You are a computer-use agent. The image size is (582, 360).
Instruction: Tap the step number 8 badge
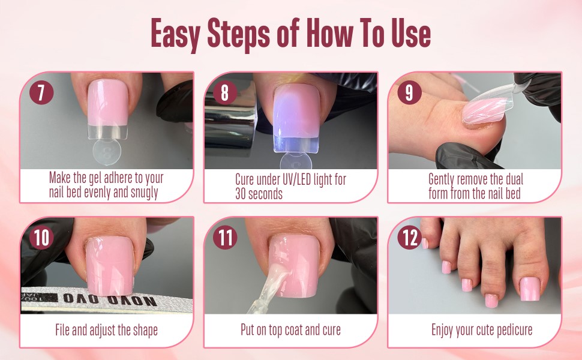(225, 93)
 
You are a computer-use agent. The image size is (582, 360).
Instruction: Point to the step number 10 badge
(41, 237)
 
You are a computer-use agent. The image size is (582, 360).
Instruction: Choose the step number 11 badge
(225, 238)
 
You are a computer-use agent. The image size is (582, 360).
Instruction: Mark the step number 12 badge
(409, 238)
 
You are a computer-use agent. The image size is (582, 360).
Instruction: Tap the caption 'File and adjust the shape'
(106, 330)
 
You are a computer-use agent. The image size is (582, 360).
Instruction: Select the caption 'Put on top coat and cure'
(290, 330)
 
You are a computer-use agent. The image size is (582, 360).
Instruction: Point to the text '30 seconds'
(259, 194)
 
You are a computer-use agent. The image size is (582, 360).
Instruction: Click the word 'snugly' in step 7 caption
(145, 193)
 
